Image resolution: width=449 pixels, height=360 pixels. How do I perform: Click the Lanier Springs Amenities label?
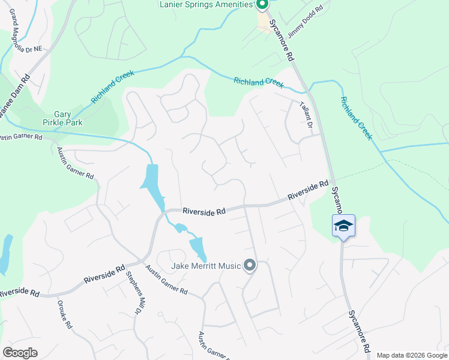[x=206, y=5]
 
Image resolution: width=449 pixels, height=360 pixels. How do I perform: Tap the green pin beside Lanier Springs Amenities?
[x=262, y=5]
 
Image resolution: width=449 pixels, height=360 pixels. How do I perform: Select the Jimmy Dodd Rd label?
[x=306, y=22]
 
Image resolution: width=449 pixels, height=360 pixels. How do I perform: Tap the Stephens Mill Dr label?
[x=133, y=293]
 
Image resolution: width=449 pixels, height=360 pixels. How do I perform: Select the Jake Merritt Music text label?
[x=206, y=266]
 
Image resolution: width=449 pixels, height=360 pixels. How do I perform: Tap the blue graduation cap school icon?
[x=343, y=226]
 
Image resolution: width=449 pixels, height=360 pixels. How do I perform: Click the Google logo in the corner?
[x=20, y=353]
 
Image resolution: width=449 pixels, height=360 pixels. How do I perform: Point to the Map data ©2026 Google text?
[x=411, y=355]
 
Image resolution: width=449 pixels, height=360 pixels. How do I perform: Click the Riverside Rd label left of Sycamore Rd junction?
[x=308, y=191]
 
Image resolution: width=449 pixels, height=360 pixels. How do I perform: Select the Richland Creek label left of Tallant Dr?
[x=259, y=82]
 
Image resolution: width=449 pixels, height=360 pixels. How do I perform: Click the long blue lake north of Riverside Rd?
[x=151, y=182]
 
